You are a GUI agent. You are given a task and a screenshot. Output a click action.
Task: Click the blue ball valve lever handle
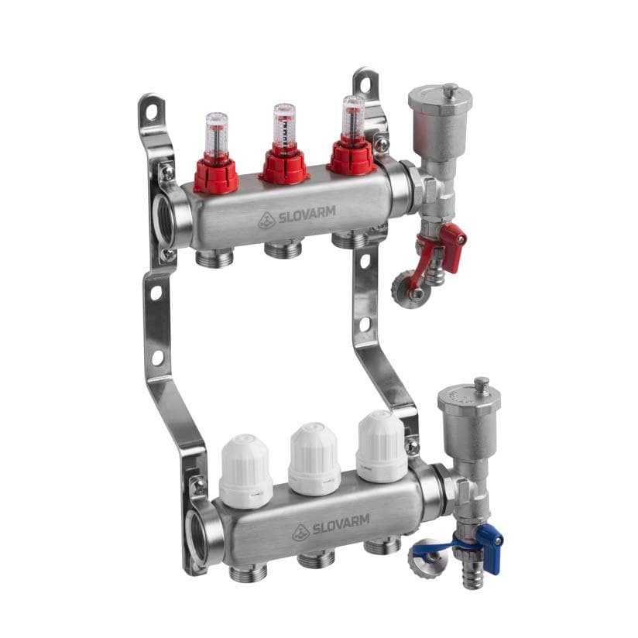click(491, 547)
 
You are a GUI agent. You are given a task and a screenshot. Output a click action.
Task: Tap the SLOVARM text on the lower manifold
click(341, 524)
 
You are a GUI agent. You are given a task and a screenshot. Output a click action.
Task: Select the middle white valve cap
click(314, 459)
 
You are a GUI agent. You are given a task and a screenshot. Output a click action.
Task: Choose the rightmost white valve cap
click(381, 446)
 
